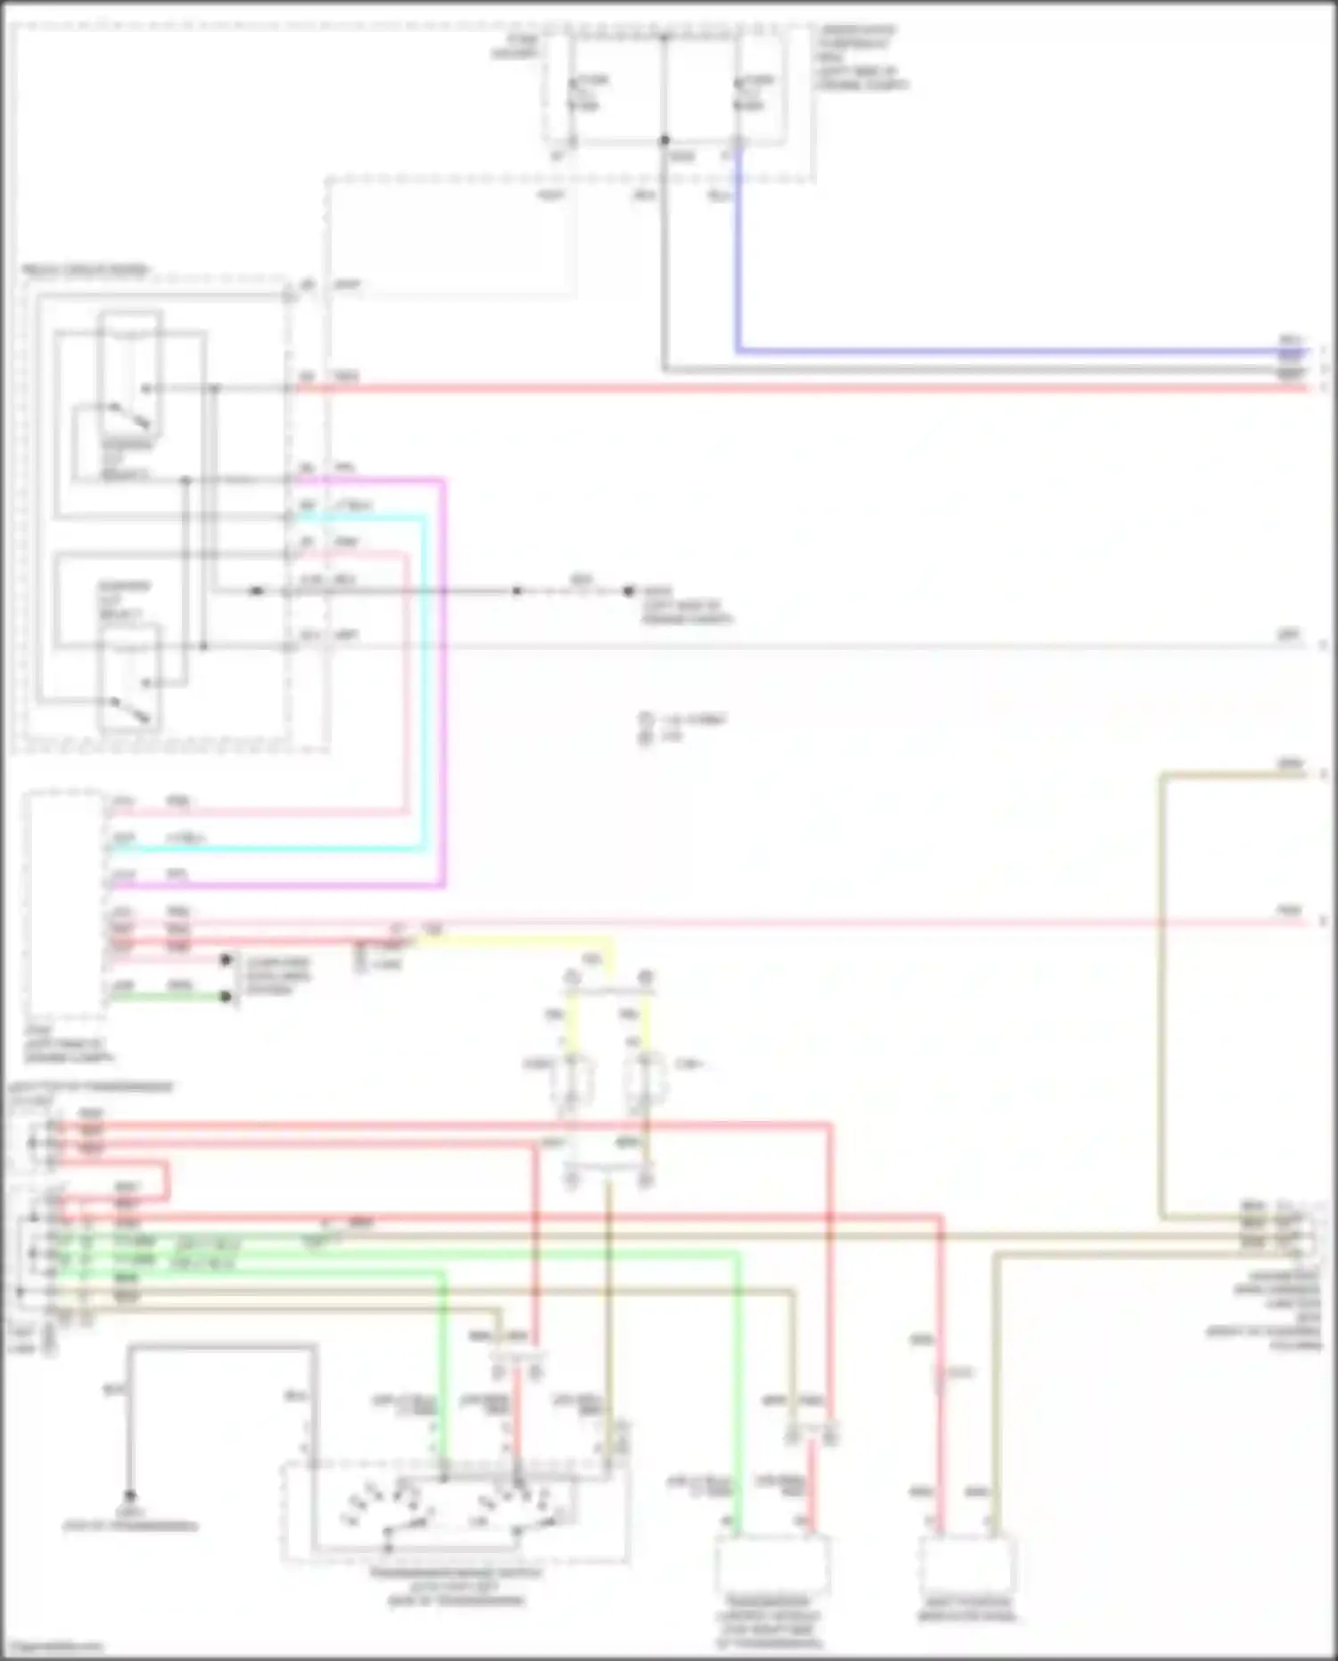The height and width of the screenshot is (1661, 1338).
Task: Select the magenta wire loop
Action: pyautogui.click(x=443, y=678)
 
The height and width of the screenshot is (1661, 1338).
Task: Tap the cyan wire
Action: pyautogui.click(x=423, y=678)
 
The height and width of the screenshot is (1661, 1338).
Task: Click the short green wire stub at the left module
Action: pyautogui.click(x=169, y=996)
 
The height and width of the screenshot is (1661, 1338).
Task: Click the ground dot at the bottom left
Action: pyautogui.click(x=130, y=1495)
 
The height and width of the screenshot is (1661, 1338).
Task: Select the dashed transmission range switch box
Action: pyautogui.click(x=456, y=1512)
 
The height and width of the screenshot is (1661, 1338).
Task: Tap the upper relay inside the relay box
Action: pyautogui.click(x=130, y=370)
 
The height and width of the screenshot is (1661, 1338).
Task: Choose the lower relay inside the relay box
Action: pyautogui.click(x=130, y=678)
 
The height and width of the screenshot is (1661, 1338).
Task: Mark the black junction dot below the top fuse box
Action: pyautogui.click(x=665, y=140)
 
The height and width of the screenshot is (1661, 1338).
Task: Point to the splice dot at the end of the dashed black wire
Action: pyautogui.click(x=628, y=591)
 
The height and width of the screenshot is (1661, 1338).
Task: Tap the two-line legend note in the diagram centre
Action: pyautogui.click(x=682, y=727)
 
